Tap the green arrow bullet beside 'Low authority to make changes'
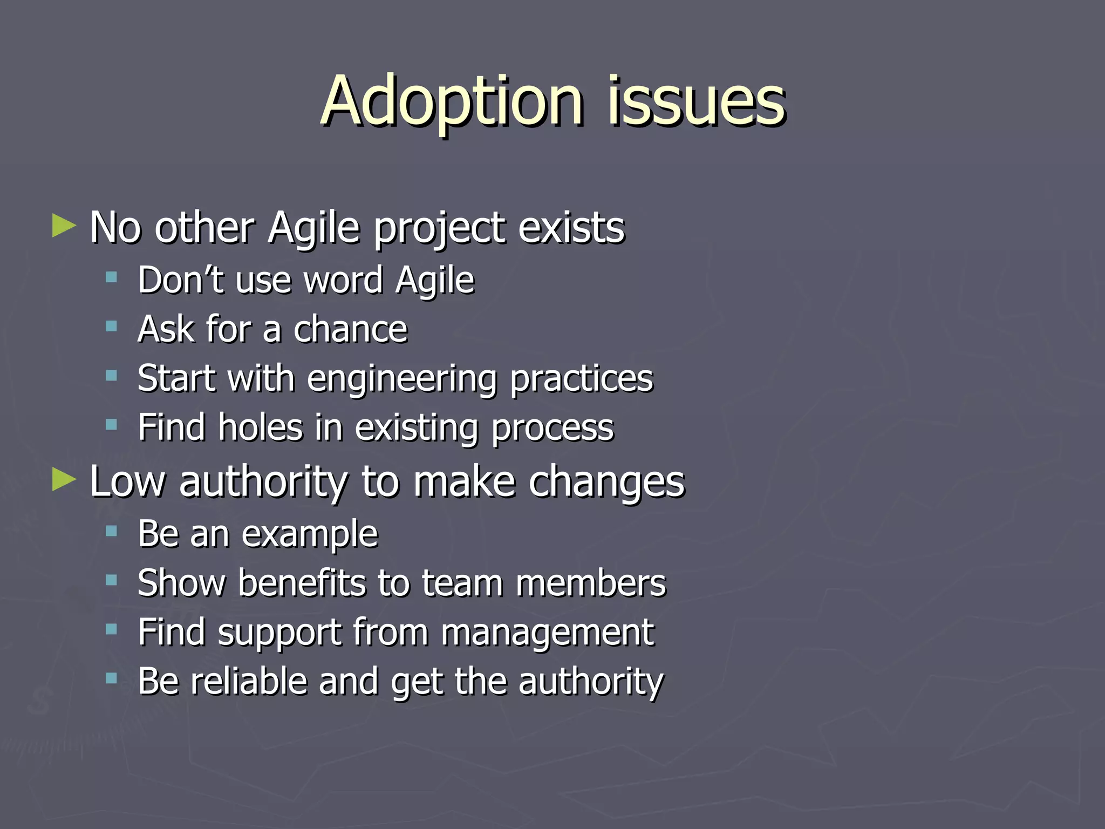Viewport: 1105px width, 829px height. tap(64, 479)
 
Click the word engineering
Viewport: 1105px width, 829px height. tap(401, 379)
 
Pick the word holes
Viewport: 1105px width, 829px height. tap(260, 427)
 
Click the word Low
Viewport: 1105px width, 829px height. tap(127, 481)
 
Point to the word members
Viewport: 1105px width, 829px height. tap(591, 583)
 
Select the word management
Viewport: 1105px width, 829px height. tap(547, 633)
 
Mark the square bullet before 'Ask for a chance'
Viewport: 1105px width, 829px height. tap(112, 327)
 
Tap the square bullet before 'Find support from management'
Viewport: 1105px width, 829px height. tap(112, 629)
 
